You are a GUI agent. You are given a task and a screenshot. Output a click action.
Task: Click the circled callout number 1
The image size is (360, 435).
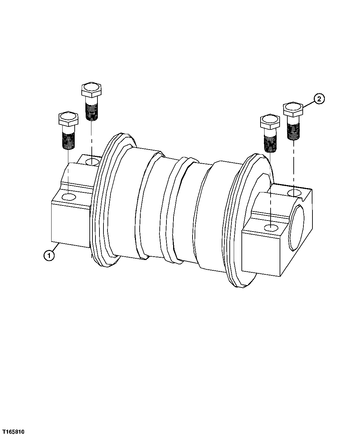[x=49, y=256]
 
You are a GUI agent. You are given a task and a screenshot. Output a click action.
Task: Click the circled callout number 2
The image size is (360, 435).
[x=319, y=99]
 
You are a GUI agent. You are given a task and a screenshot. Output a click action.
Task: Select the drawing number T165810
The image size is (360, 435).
[x=13, y=429]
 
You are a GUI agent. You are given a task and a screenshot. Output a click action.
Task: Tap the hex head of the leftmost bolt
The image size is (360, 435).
[x=68, y=119]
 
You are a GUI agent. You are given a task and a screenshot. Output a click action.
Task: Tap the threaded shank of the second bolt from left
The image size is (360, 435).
[x=92, y=111]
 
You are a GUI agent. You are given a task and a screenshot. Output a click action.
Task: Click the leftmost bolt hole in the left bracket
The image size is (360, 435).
[x=69, y=197]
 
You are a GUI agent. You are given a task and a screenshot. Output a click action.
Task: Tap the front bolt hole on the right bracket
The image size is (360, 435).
[x=271, y=228]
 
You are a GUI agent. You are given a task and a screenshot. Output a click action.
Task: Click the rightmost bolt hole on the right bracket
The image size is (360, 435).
[x=295, y=193]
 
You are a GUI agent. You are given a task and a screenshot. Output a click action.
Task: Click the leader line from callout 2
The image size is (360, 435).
[x=309, y=102]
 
